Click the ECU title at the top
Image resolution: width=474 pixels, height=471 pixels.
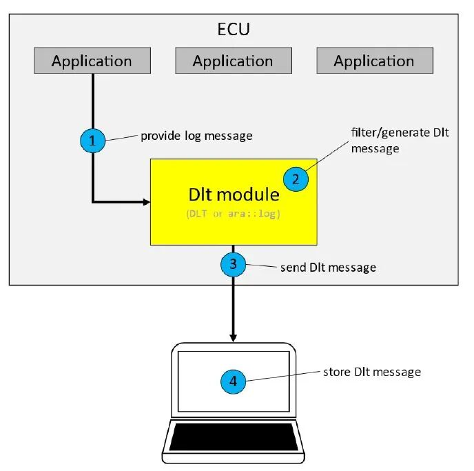coord(233,31)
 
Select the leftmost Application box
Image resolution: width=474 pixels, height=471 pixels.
coord(92,61)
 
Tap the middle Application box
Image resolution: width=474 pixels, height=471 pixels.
coord(233,61)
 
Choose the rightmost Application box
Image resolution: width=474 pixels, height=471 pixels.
coord(374,61)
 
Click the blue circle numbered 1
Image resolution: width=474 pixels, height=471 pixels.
coord(92,141)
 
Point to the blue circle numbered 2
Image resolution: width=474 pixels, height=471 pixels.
coord(296,179)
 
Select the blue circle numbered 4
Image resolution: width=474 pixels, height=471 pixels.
coord(233,380)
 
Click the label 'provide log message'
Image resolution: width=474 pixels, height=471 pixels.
coord(196,136)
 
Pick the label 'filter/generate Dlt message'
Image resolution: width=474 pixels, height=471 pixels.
coord(399,139)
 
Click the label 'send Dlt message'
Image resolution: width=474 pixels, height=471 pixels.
coord(328,267)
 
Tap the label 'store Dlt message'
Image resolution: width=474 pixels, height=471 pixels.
coord(371,372)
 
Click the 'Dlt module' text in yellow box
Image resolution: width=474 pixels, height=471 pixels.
coord(233,194)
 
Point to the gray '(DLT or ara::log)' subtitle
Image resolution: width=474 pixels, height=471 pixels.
coord(233,214)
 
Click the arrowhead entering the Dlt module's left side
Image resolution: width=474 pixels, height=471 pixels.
coord(146,202)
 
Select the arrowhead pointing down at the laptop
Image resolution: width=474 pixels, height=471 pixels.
coord(233,338)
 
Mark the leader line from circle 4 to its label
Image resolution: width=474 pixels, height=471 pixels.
coord(282,375)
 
